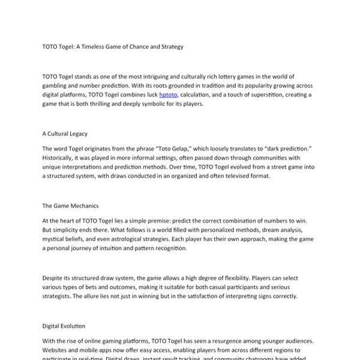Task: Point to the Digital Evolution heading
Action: (x=64, y=326)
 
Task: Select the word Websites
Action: (x=58, y=349)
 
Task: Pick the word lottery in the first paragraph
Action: (x=231, y=77)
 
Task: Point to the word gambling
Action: (x=58, y=86)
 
